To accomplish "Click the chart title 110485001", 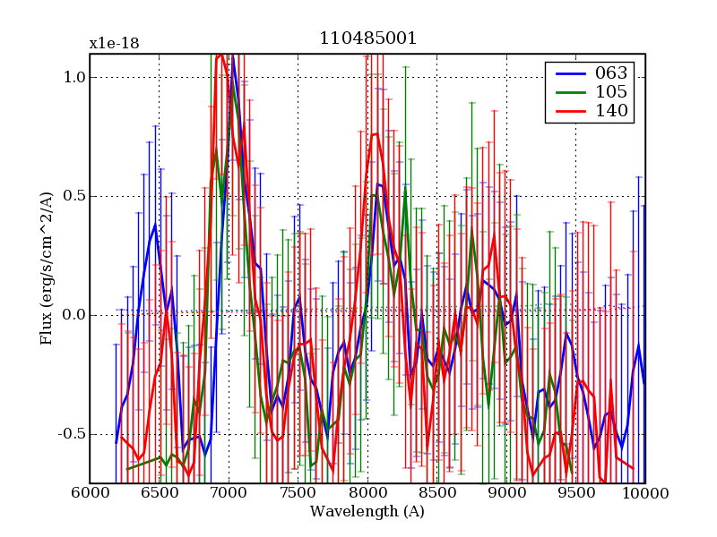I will (x=367, y=39).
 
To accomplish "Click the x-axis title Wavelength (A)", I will (x=367, y=512).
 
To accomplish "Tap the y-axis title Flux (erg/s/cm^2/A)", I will (x=47, y=268).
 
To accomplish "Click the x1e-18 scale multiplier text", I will (x=114, y=43).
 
